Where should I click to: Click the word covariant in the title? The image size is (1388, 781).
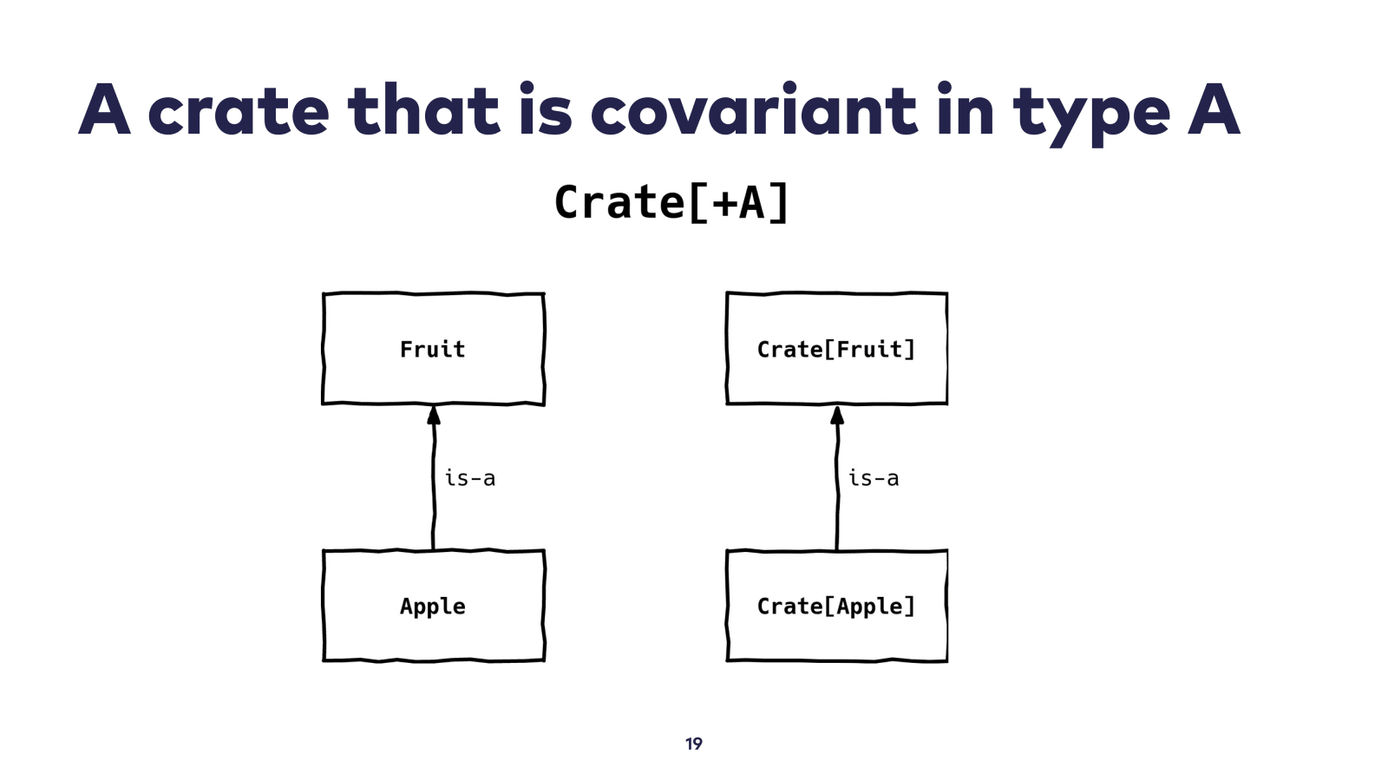click(x=754, y=110)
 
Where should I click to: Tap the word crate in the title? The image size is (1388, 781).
click(x=239, y=110)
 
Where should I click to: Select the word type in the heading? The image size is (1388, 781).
click(x=1092, y=115)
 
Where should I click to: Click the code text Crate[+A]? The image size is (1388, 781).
click(x=671, y=202)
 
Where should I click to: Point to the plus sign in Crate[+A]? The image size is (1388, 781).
click(x=723, y=204)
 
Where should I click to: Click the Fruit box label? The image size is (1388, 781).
click(x=433, y=349)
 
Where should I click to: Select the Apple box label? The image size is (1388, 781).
click(x=433, y=607)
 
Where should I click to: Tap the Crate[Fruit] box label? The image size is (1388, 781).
click(x=836, y=349)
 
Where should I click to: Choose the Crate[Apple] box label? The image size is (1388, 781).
click(x=836, y=607)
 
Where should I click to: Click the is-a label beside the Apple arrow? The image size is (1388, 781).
click(x=470, y=478)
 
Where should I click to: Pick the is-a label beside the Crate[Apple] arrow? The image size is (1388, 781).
click(x=874, y=478)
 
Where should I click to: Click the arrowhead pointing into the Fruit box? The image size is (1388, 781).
click(x=434, y=416)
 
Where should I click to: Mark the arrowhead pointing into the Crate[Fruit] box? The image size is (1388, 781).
click(x=837, y=416)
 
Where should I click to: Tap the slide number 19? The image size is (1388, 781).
click(x=694, y=743)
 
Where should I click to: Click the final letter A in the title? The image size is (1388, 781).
click(x=1214, y=109)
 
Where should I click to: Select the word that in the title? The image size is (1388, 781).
click(x=424, y=109)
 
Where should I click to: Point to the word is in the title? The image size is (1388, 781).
click(x=546, y=109)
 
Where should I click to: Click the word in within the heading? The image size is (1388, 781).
click(x=966, y=109)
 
